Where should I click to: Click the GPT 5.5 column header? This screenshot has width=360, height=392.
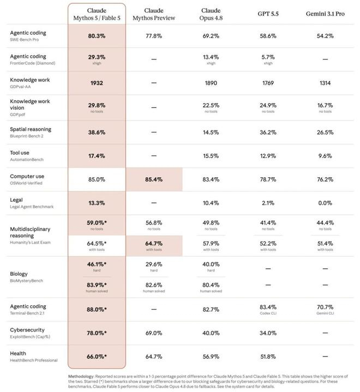[268, 14]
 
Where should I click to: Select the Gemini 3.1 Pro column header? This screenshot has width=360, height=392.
[325, 14]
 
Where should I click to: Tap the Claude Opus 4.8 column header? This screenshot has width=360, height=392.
[211, 14]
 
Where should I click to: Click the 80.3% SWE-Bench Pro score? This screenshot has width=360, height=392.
[97, 36]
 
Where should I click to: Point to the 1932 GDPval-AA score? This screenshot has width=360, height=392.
[97, 83]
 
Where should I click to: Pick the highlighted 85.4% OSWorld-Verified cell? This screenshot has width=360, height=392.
[154, 179]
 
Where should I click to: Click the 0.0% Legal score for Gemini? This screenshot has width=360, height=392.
[325, 203]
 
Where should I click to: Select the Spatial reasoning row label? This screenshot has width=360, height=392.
[31, 129]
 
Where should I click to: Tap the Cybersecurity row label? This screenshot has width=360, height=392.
[27, 330]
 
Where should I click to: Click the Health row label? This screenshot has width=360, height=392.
[18, 353]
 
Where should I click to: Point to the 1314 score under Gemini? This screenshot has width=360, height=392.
[325, 83]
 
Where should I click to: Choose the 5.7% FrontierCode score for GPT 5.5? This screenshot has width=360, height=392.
[268, 57]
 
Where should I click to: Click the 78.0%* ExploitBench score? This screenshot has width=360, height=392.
[97, 333]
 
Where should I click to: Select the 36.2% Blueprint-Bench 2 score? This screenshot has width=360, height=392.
[268, 132]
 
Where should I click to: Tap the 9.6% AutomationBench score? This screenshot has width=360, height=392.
[325, 156]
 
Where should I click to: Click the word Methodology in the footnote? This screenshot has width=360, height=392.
[81, 377]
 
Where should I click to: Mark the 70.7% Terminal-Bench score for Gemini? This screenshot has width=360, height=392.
[325, 307]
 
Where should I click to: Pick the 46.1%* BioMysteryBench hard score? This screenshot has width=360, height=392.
[97, 264]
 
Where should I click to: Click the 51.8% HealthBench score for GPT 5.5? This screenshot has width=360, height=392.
[268, 357]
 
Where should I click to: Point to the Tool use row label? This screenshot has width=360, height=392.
[20, 153]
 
